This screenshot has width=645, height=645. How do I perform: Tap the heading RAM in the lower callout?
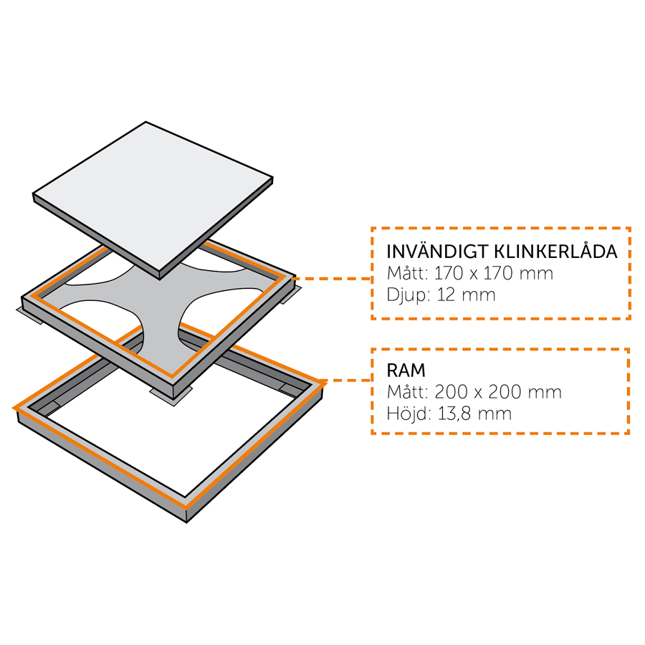[x=406, y=371]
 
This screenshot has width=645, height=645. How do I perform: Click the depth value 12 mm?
[x=466, y=295]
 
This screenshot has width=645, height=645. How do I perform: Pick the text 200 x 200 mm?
[x=498, y=392]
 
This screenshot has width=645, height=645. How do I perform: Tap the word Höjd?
[x=407, y=414]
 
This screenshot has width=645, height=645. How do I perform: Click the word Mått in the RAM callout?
[x=407, y=392]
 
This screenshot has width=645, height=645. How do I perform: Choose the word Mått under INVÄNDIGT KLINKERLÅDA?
[x=407, y=274]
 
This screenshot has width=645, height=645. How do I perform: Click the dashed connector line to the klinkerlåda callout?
[x=333, y=278]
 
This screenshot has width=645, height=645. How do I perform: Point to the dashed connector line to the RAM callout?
[x=348, y=381]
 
